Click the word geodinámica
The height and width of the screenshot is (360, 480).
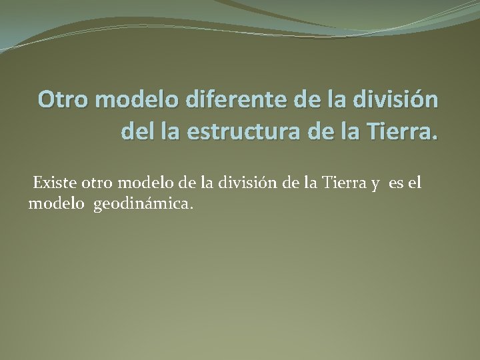[x=141, y=204]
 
